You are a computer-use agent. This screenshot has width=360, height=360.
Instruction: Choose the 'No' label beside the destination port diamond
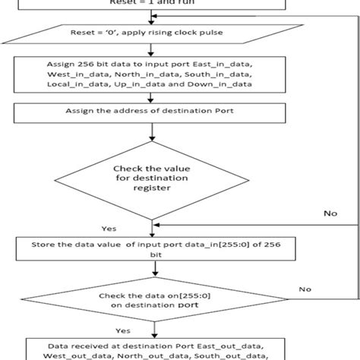305,289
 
